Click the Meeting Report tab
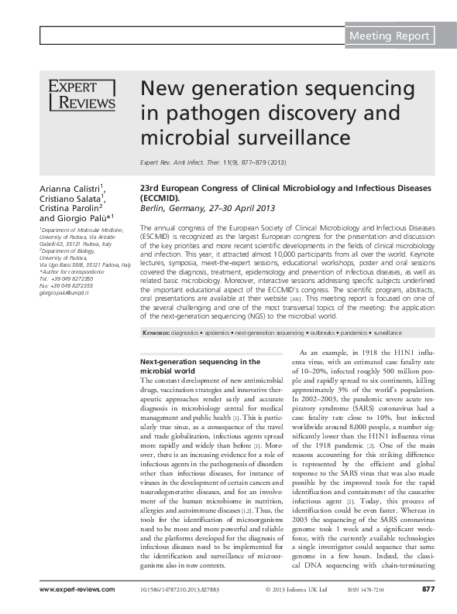(x=389, y=36)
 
